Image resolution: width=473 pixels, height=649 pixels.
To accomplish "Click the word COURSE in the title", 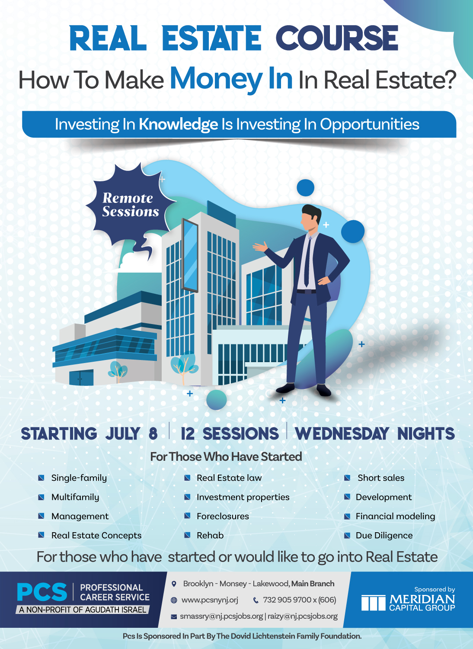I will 337,38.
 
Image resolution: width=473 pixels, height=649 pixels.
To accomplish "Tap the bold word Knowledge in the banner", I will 178,125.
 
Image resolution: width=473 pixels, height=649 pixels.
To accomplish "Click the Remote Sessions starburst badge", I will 130,205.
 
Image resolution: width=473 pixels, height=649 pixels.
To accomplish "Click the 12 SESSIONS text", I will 230,434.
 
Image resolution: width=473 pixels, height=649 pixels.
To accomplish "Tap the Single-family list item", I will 79,478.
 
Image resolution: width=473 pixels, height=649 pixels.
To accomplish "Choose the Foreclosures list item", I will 223,516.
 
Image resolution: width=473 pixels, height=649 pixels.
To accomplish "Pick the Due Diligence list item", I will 384,535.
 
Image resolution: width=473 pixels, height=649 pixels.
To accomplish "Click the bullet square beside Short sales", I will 347,478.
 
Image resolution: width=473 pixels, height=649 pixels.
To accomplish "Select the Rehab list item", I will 210,535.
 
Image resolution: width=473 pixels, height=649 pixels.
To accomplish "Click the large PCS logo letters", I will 42,592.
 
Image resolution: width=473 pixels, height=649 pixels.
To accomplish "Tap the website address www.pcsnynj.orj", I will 210,600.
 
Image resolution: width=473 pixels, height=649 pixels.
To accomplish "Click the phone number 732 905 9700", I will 287,600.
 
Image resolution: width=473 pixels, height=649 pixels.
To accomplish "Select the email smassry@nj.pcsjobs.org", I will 221,616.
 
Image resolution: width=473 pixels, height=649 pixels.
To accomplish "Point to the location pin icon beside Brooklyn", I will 174,584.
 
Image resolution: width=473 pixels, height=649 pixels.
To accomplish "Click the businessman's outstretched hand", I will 260,247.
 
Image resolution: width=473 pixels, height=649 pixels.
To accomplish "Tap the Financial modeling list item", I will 395,516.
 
